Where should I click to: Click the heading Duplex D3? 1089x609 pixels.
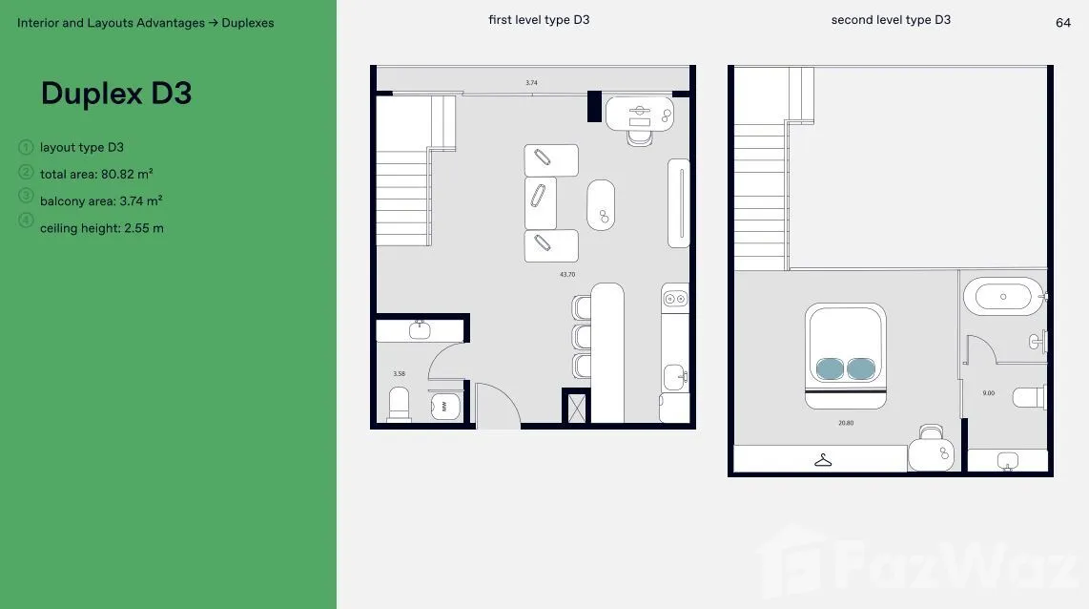coord(116,94)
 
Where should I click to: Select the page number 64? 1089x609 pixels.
coord(1062,23)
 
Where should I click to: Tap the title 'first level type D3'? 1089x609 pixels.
coord(539,20)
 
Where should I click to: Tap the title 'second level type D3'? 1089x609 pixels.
coord(891,20)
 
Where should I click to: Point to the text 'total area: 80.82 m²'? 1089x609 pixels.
coord(96,174)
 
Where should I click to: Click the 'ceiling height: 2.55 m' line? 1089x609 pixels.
coord(102,228)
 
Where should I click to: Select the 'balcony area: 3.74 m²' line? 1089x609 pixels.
coord(101,200)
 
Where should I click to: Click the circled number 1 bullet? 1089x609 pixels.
coord(26,147)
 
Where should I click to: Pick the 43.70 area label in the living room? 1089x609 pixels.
coord(567,275)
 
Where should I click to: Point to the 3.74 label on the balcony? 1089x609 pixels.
coord(531,83)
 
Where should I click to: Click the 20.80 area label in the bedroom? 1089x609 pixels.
coord(846,423)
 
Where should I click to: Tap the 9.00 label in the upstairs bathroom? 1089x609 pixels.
coord(988,393)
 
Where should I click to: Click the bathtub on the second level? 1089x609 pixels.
coord(1003,297)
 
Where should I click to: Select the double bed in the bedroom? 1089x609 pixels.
coord(845,356)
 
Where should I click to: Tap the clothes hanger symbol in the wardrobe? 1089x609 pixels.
coord(823,460)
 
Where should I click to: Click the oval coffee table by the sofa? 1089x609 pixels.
coord(601,205)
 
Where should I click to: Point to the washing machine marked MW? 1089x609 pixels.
coord(444,407)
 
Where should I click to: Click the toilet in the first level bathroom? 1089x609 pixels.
coord(400,404)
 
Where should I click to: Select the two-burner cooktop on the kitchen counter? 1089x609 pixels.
coord(675,298)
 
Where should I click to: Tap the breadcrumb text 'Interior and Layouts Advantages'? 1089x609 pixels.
coord(112,23)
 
